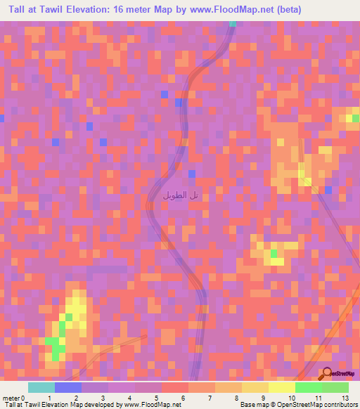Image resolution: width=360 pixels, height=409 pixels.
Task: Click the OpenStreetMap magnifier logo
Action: [x=328, y=373]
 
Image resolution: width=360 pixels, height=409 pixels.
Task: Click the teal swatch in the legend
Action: [x=41, y=387]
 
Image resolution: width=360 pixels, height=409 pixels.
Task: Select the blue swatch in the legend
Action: [x=67, y=387]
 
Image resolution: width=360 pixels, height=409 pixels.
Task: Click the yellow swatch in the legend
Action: [x=281, y=387]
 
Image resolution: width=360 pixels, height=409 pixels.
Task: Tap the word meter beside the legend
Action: [x=11, y=397]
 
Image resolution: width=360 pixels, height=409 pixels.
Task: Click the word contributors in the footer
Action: [x=340, y=405]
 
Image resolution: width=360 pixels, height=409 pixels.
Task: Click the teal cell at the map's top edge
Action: [x=233, y=23]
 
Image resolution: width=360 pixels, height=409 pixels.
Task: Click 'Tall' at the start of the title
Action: [x=13, y=9]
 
